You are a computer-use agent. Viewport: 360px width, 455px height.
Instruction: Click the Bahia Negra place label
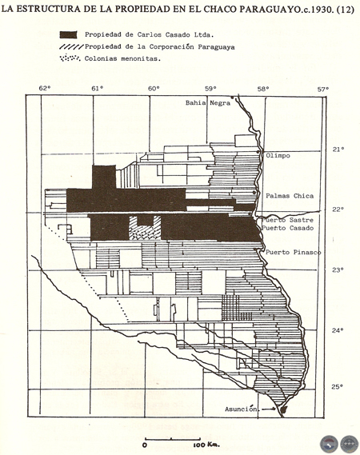pos(208,102)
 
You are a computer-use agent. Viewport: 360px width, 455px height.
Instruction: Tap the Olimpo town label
pos(278,156)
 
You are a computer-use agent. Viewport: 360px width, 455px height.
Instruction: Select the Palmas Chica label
pos(290,196)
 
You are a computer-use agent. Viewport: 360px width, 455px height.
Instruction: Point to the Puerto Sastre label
pos(287,220)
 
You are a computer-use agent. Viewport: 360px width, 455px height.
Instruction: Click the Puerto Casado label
pos(287,228)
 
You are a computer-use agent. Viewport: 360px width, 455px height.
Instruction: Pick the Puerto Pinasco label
pos(293,252)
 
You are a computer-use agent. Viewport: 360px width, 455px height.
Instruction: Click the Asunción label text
pos(241,409)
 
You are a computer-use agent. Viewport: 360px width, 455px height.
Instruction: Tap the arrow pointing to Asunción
pos(268,409)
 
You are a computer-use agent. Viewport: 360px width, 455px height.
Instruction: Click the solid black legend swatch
pos(68,34)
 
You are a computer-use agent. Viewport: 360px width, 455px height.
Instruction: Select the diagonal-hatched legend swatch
pos(71,46)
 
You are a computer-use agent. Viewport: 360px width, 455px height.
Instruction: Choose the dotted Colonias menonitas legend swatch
pos(70,58)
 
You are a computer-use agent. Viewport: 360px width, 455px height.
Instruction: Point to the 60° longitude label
pos(154,89)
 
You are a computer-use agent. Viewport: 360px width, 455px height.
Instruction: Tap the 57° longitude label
pos(323,89)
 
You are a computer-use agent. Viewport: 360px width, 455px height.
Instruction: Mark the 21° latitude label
pos(338,150)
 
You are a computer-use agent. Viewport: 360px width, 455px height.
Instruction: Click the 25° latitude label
pos(338,386)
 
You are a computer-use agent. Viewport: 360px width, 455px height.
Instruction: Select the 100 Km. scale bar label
pos(206,445)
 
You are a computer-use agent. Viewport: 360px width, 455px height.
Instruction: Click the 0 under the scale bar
pos(145,445)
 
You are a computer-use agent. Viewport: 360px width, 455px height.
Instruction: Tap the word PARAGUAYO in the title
pos(270,10)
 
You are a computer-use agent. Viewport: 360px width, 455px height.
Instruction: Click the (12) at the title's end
pos(345,10)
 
